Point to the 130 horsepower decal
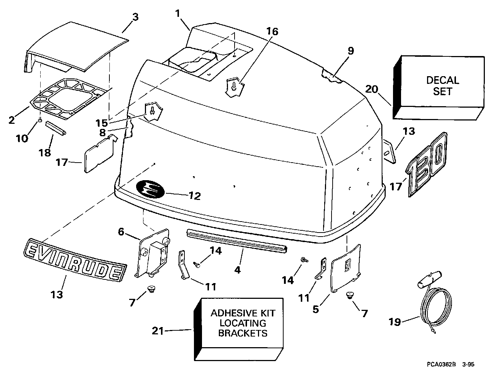click(x=427, y=164)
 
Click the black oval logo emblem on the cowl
click(x=150, y=189)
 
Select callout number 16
click(x=272, y=31)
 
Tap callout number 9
click(x=351, y=51)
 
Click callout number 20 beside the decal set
click(x=373, y=89)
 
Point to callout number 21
click(x=158, y=331)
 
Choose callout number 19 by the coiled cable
click(x=395, y=322)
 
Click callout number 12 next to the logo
click(x=195, y=196)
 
